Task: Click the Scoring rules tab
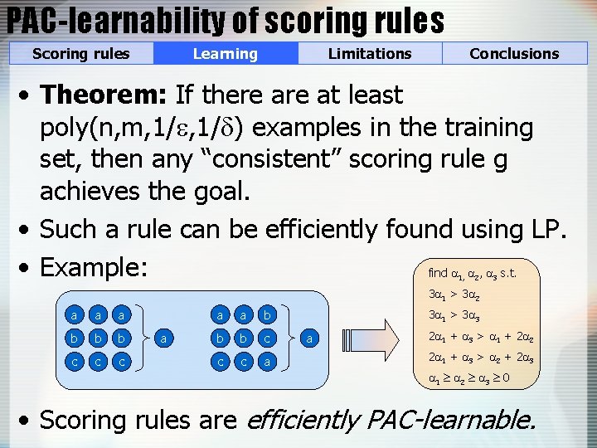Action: pyautogui.click(x=81, y=54)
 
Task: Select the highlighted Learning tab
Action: pyautogui.click(x=225, y=54)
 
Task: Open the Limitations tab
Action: pyautogui.click(x=370, y=54)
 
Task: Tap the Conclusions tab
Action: pyautogui.click(x=514, y=54)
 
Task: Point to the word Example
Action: pyautogui.click(x=94, y=267)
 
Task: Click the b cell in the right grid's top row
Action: pyautogui.click(x=266, y=316)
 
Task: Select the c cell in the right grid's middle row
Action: pyautogui.click(x=266, y=338)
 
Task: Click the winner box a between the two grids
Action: pyautogui.click(x=165, y=338)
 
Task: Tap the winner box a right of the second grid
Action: pyautogui.click(x=309, y=338)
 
